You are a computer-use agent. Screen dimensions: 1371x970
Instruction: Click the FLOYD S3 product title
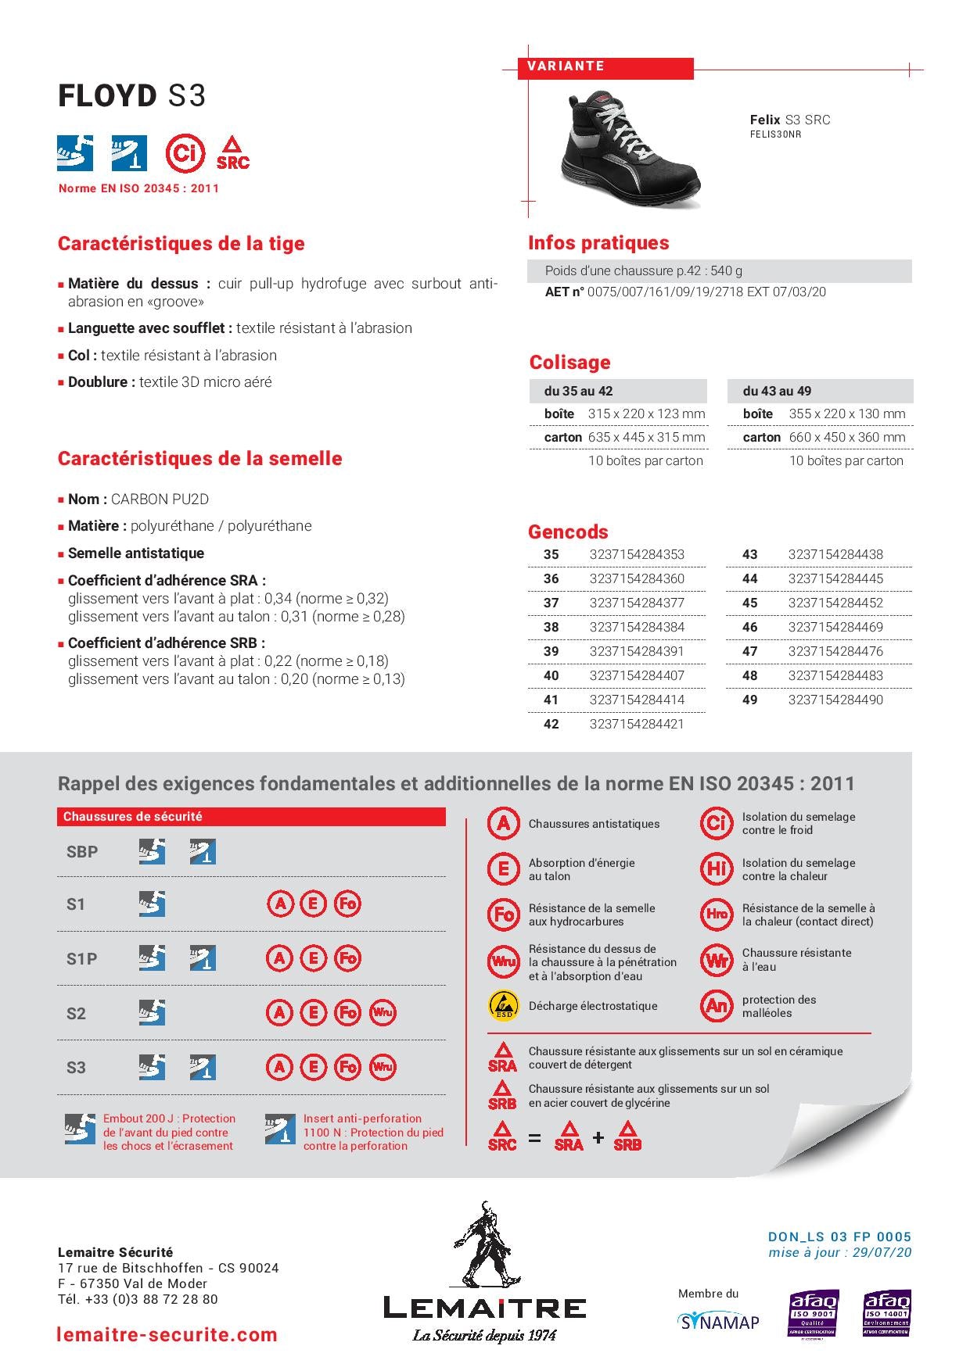tap(131, 96)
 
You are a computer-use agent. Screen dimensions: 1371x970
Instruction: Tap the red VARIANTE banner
tap(605, 67)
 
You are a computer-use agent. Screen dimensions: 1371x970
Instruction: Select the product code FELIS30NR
tap(775, 134)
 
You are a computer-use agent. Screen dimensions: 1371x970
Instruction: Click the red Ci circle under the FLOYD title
tap(185, 152)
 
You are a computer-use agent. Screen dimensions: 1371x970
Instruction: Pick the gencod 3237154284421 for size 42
tap(636, 724)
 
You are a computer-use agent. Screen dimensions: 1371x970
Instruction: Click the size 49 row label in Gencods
tap(749, 700)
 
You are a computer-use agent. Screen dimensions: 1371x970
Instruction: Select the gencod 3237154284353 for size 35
tap(636, 554)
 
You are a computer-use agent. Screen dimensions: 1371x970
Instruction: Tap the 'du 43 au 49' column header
tap(777, 391)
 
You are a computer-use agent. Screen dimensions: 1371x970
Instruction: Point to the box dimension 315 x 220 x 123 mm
tap(646, 413)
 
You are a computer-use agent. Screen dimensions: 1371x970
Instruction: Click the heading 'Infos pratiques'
tap(598, 243)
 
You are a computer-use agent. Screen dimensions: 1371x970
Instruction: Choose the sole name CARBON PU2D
tap(160, 499)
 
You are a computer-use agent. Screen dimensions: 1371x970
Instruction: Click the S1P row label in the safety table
tap(81, 958)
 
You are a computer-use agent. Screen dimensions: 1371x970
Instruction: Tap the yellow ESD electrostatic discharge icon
tap(503, 1005)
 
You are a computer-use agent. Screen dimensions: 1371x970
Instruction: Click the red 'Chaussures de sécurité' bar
tap(250, 817)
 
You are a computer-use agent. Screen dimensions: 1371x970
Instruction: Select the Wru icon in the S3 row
tap(383, 1067)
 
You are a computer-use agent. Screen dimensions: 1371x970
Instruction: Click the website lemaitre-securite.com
tap(167, 1334)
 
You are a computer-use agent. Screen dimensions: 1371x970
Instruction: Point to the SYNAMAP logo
tap(718, 1322)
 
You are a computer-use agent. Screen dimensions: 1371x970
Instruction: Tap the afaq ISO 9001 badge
tap(813, 1313)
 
